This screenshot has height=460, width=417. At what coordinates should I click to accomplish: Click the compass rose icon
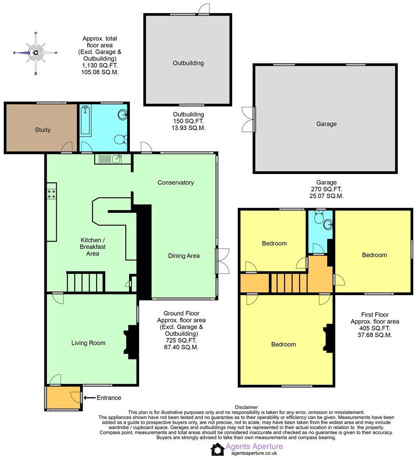35,53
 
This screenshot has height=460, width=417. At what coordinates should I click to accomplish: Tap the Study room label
43,130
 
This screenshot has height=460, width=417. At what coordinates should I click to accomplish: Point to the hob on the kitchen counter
51,194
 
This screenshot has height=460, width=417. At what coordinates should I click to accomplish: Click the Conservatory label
175,182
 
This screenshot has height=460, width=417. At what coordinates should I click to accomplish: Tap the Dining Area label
184,256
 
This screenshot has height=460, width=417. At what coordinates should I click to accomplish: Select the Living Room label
88,343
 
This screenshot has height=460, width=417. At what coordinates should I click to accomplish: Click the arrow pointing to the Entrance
89,398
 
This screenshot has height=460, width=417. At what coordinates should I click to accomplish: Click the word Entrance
109,398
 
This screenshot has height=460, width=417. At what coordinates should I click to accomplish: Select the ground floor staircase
85,282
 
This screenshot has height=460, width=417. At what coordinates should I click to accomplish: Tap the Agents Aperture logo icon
217,449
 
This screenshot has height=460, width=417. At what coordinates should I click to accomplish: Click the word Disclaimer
246,407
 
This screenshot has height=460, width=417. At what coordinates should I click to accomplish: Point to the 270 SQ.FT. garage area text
326,189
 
